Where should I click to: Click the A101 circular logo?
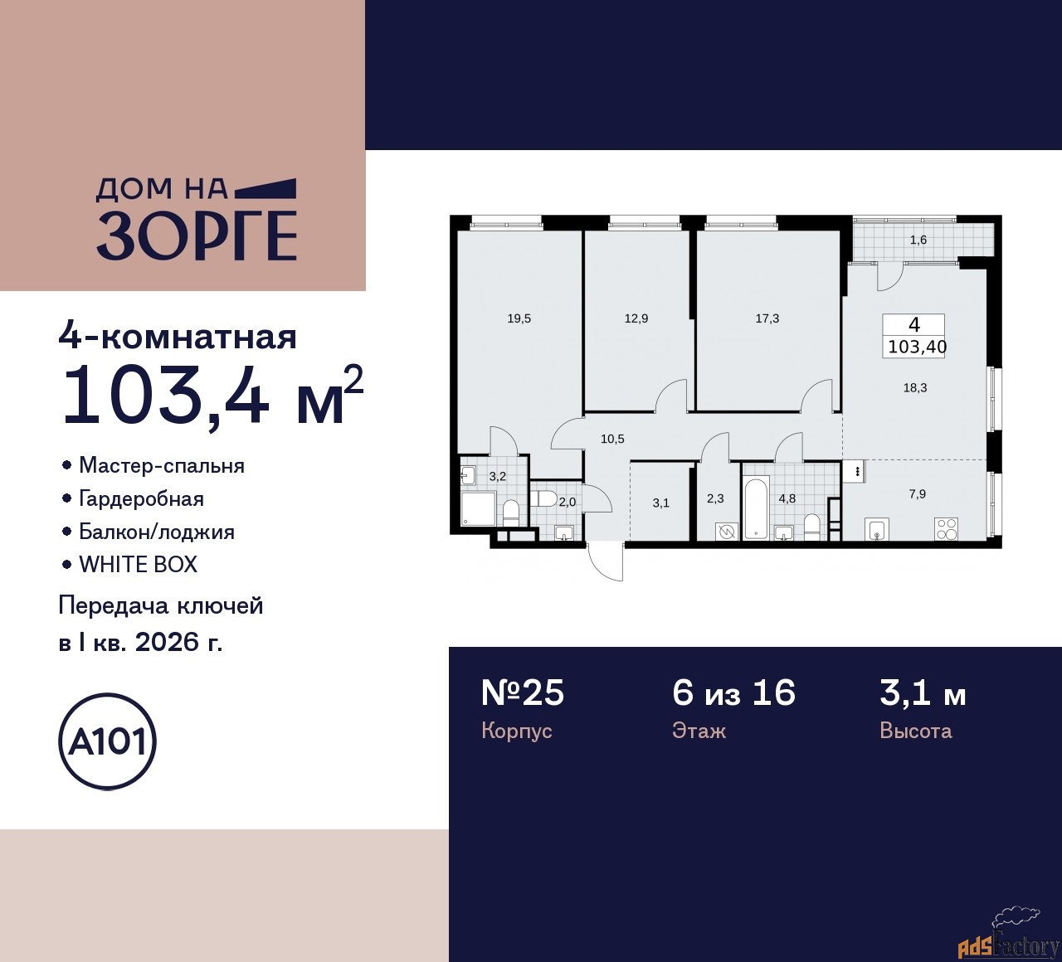108,741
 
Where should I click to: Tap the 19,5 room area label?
519,318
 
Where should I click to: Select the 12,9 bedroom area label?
636,318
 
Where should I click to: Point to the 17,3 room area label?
767,318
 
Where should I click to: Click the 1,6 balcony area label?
918,240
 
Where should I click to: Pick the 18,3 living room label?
915,387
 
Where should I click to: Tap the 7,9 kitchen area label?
917,493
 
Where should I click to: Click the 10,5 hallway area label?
612,440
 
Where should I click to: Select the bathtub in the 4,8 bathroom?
755,508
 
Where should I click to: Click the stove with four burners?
947,527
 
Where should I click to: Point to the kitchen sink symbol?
877,529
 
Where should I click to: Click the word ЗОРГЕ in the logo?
197,236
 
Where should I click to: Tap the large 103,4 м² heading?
212,396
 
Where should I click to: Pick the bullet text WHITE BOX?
138,565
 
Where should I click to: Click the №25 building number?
523,692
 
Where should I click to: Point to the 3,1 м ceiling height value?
923,692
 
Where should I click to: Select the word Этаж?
699,731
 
